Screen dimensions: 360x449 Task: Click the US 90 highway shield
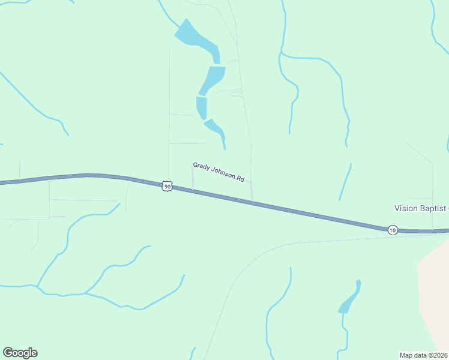[x=167, y=187]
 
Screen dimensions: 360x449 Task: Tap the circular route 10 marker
[x=392, y=230]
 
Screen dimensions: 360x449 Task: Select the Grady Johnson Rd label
[x=219, y=172]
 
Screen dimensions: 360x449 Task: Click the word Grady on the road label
[x=201, y=166]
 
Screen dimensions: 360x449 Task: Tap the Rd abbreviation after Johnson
[x=241, y=178]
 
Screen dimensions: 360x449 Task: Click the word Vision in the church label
[x=405, y=208]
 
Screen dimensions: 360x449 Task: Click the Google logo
[x=20, y=353]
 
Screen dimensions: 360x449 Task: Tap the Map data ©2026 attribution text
[x=424, y=355]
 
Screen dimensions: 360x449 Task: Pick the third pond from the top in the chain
[x=202, y=107]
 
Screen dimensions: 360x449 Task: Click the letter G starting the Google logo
[x=8, y=353]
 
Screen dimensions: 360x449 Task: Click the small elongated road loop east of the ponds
[x=237, y=94]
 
